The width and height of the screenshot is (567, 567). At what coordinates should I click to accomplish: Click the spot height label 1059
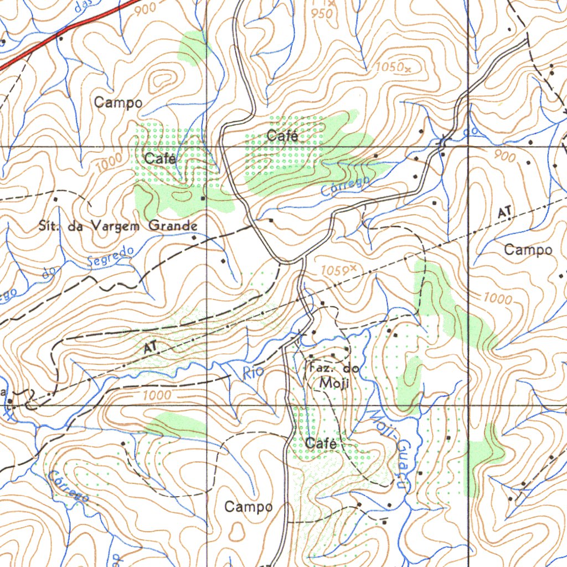click(x=336, y=271)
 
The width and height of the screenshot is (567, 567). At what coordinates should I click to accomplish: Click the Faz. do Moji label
click(x=332, y=375)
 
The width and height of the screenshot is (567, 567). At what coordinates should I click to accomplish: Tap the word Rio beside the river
click(x=253, y=373)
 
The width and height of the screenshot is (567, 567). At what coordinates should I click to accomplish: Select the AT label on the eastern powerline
click(x=504, y=212)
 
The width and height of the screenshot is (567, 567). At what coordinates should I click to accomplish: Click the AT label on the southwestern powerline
click(x=150, y=348)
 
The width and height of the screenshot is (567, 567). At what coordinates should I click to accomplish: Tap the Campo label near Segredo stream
click(x=118, y=102)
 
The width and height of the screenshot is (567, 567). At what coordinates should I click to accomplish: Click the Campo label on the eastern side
click(x=528, y=250)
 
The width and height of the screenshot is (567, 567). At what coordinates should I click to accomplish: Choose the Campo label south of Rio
click(x=249, y=507)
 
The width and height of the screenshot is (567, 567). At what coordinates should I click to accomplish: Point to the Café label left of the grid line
click(x=161, y=158)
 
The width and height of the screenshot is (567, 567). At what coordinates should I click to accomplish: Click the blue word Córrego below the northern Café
click(x=346, y=186)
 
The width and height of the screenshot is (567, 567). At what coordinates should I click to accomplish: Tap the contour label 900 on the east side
click(x=504, y=157)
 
